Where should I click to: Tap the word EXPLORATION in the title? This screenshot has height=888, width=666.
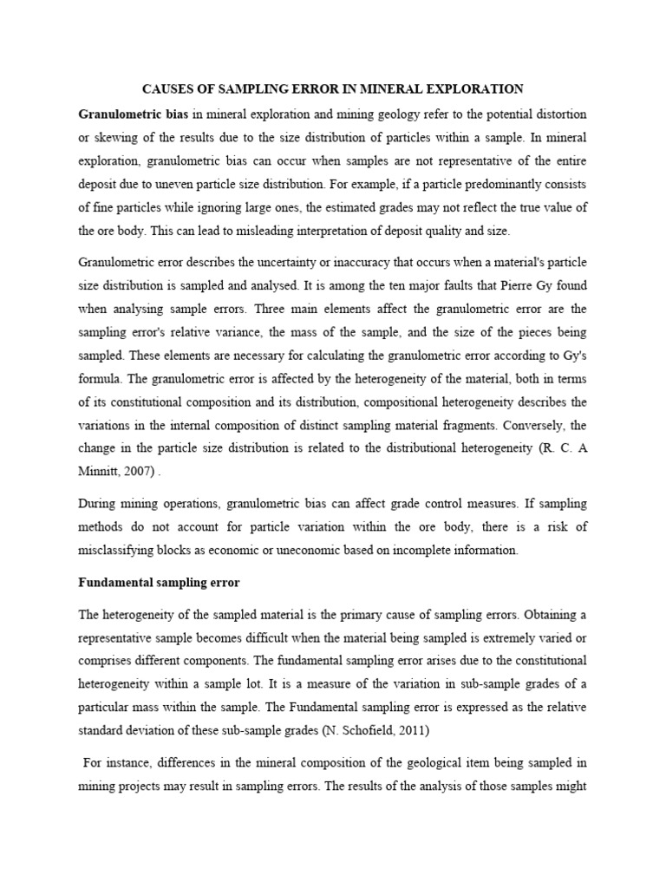(x=478, y=88)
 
